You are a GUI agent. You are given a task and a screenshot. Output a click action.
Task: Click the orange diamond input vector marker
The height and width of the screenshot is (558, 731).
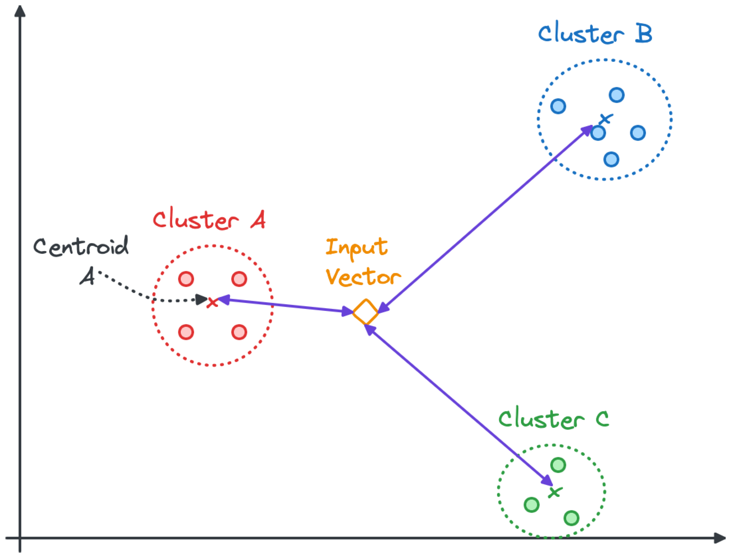pyautogui.click(x=365, y=312)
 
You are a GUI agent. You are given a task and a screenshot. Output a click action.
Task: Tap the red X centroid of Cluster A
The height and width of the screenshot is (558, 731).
pyautogui.click(x=212, y=303)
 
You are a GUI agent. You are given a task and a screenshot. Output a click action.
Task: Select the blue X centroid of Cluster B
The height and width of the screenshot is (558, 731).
pyautogui.click(x=606, y=119)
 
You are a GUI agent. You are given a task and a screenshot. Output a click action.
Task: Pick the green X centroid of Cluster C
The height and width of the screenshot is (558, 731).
pyautogui.click(x=555, y=493)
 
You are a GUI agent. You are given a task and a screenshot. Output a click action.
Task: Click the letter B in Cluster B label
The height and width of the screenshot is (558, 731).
pyautogui.click(x=644, y=34)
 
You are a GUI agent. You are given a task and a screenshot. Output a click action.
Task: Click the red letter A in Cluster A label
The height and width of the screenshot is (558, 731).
pyautogui.click(x=259, y=220)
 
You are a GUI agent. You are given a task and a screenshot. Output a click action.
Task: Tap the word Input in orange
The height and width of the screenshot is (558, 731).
pyautogui.click(x=356, y=247)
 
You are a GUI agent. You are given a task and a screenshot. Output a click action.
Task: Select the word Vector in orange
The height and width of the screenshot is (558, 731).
pyautogui.click(x=363, y=277)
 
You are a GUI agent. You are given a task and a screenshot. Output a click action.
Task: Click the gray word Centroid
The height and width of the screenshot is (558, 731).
pyautogui.click(x=81, y=247)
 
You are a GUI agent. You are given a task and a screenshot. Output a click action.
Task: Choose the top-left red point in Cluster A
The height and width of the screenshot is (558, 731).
pyautogui.click(x=186, y=279)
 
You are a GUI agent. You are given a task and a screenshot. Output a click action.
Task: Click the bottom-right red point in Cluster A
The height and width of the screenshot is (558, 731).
pyautogui.click(x=239, y=332)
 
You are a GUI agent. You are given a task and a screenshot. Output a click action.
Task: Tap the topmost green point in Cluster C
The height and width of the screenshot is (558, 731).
pyautogui.click(x=558, y=465)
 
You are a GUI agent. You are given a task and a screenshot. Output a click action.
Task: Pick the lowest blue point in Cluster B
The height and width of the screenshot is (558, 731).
pyautogui.click(x=611, y=159)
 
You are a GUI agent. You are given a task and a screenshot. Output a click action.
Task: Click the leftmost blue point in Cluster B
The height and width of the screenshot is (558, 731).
pyautogui.click(x=558, y=106)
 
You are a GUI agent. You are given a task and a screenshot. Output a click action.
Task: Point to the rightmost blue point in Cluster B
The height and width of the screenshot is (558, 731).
pyautogui.click(x=638, y=133)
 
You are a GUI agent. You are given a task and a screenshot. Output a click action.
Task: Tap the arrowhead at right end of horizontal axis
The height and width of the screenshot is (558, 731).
pyautogui.click(x=720, y=538)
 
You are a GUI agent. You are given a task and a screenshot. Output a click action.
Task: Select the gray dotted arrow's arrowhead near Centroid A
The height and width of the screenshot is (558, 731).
pyautogui.click(x=201, y=300)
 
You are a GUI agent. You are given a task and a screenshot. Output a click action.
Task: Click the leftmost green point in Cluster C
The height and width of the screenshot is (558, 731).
pyautogui.click(x=532, y=505)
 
